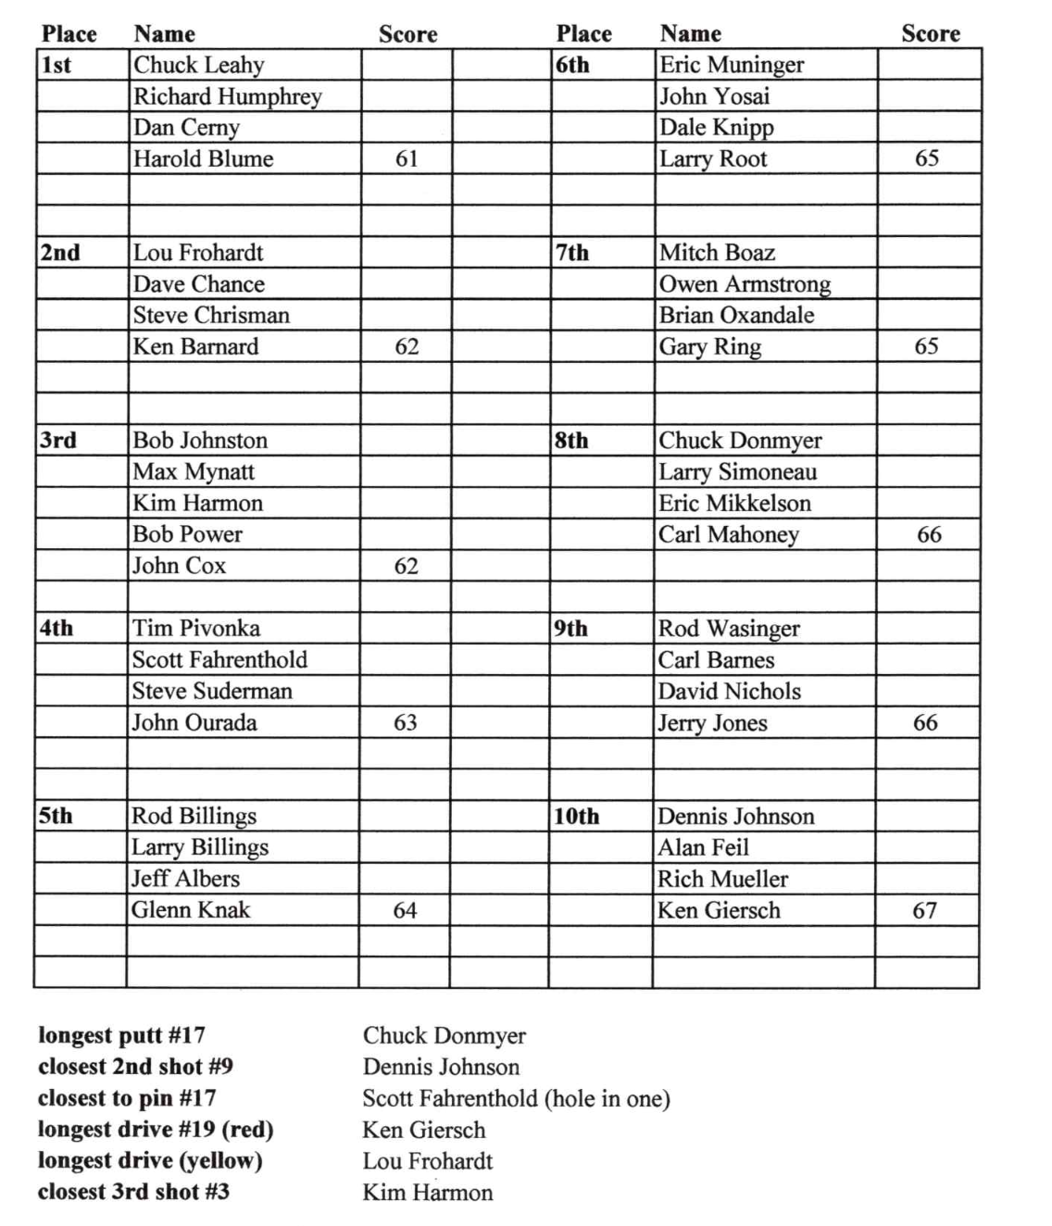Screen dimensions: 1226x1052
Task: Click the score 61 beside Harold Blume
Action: point(407,159)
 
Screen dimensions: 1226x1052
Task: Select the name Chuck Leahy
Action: point(199,65)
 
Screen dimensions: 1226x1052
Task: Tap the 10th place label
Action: point(576,817)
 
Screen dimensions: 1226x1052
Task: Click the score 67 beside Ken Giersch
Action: point(924,910)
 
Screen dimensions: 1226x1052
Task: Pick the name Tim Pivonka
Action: point(195,628)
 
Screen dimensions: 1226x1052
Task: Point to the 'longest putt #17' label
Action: point(121,1035)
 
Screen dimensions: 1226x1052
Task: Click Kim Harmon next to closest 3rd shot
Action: point(428,1192)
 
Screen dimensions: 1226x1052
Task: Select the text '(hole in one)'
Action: point(607,1098)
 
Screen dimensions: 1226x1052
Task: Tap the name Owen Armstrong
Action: point(745,284)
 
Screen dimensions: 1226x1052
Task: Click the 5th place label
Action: point(55,816)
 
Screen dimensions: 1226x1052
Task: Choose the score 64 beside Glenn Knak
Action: point(405,910)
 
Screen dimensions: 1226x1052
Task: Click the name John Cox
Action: point(179,566)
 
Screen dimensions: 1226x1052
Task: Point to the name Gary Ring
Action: point(709,347)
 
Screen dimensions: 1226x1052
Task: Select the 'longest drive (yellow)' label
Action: point(150,1160)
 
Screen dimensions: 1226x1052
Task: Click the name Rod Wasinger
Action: point(728,629)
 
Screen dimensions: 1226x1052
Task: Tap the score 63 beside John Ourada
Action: point(405,722)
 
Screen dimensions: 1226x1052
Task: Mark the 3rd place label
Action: point(57,440)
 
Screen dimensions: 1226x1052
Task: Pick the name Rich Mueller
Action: point(722,879)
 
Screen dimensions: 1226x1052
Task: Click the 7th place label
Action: point(571,253)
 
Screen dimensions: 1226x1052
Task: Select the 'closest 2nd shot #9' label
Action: point(135,1067)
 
